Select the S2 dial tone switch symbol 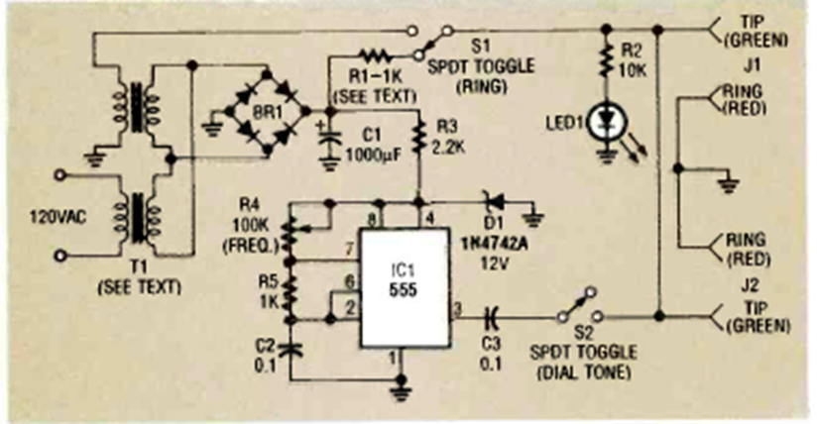578,306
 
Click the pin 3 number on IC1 457,311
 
